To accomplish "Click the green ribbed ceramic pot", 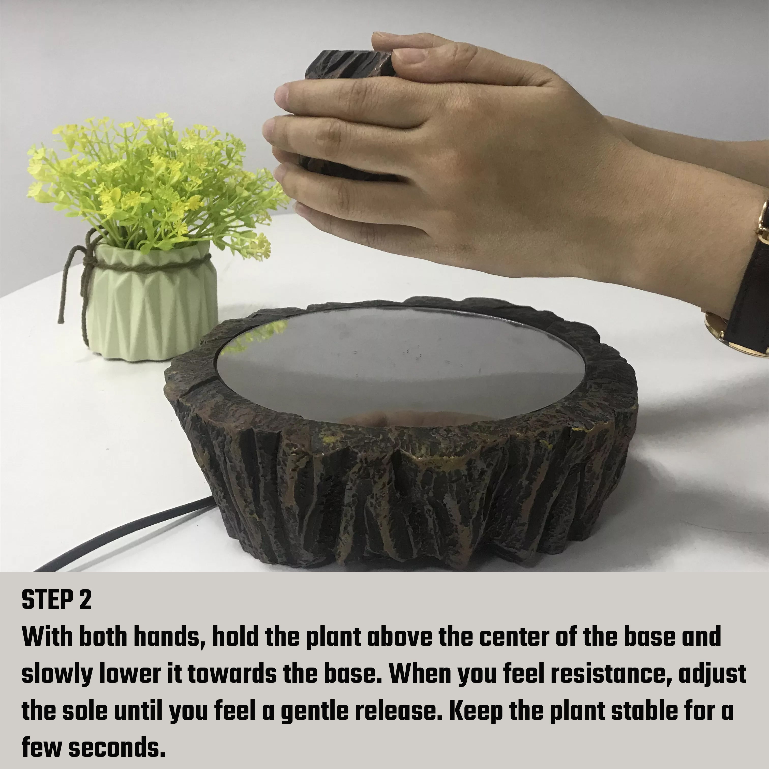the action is pyautogui.click(x=151, y=303).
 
